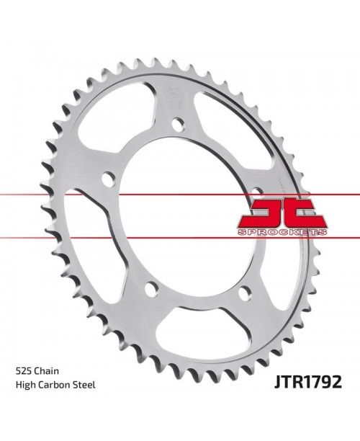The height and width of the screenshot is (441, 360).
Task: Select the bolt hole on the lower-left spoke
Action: pos(150,290)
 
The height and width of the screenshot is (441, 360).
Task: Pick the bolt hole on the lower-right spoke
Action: pos(244,292)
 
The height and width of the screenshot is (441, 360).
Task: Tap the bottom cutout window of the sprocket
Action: pos(196,328)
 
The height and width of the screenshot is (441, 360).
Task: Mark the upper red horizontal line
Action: pos(43,195)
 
